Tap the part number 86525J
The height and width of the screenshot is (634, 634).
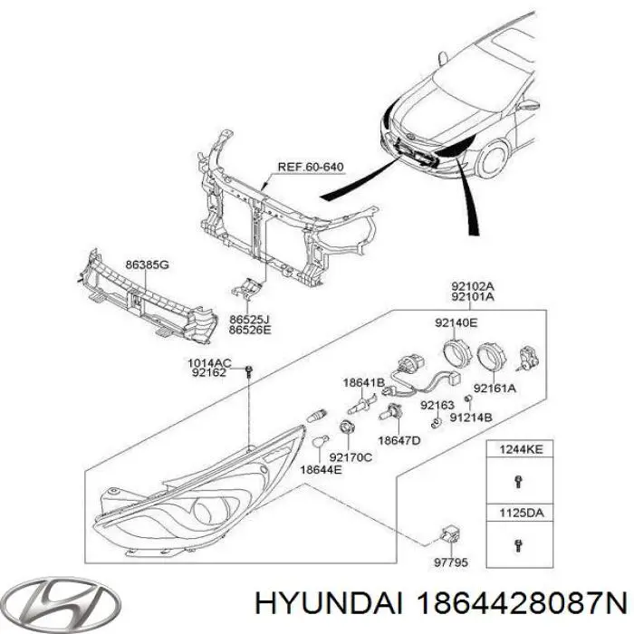click(250, 320)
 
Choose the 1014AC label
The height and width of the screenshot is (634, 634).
click(209, 363)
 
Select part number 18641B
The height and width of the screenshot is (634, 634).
click(362, 382)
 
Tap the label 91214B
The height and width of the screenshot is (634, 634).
click(472, 418)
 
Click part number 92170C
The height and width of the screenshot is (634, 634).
click(350, 457)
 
